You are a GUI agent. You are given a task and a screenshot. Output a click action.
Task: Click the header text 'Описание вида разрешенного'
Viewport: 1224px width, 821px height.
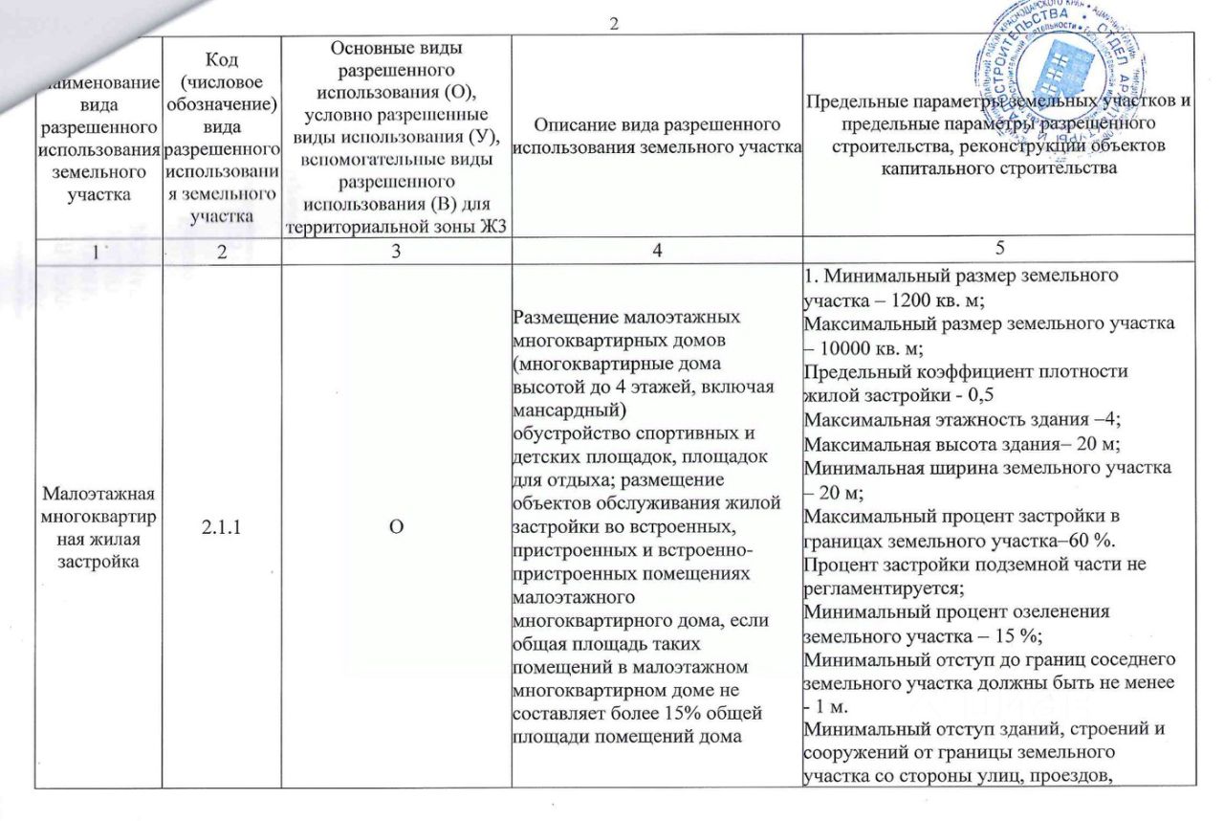click(x=656, y=124)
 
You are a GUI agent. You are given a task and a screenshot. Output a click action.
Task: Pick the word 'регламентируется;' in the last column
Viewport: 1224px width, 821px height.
click(x=870, y=588)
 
